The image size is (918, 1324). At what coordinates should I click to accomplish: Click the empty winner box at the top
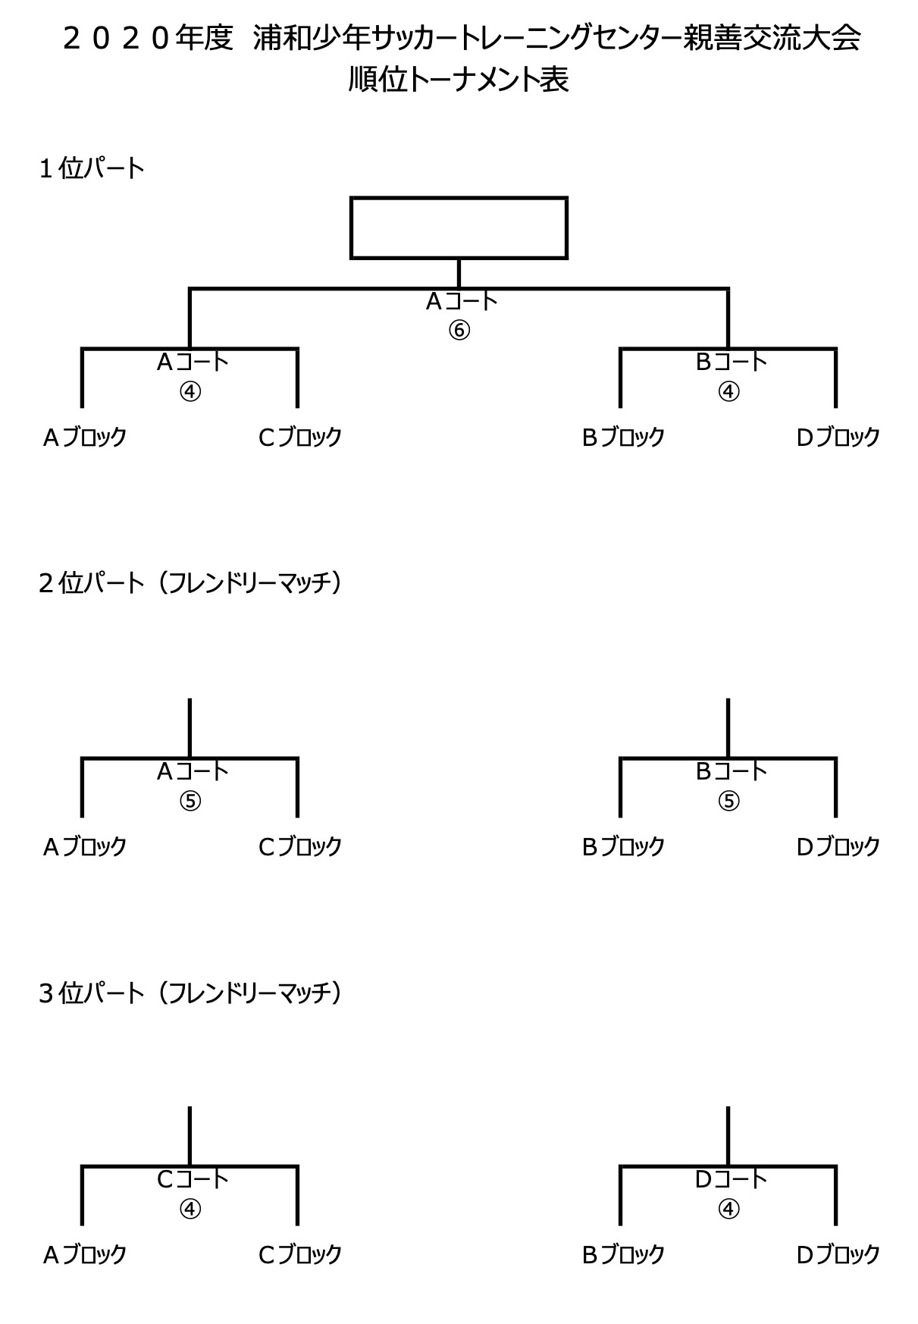pos(459,227)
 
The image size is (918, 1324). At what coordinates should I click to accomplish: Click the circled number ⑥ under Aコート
pos(459,331)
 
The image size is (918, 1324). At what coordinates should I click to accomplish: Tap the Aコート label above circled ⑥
pos(461,302)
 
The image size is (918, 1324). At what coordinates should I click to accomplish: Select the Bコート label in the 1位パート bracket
pos(731,362)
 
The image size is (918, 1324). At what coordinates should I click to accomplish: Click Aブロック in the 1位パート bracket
pos(84,437)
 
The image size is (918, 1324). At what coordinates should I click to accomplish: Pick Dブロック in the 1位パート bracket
pos(838,437)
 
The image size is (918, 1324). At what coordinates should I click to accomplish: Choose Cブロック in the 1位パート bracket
pos(299,437)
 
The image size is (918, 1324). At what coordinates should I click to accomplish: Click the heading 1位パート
pos(91,168)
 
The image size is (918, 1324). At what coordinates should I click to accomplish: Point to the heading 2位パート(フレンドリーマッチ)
pos(190,583)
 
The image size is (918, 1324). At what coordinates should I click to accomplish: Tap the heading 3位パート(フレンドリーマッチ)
pos(190,993)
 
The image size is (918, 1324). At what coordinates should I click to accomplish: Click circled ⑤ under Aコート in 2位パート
pos(190,801)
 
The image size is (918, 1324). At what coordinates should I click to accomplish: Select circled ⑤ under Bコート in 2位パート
pos(728,801)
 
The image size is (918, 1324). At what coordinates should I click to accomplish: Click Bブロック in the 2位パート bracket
pos(622,846)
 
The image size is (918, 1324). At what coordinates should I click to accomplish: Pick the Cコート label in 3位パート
pos(192,1179)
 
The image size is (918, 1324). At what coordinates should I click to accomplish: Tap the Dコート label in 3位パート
pos(731,1179)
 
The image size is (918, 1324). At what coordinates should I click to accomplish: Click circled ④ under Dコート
pos(728,1209)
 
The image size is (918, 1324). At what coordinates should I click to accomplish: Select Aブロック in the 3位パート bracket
pos(84,1255)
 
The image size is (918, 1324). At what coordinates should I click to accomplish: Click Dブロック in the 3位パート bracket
pos(838,1255)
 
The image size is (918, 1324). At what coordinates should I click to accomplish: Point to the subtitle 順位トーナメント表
pos(459,80)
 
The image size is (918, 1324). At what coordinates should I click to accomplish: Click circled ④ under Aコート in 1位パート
pos(190,391)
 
